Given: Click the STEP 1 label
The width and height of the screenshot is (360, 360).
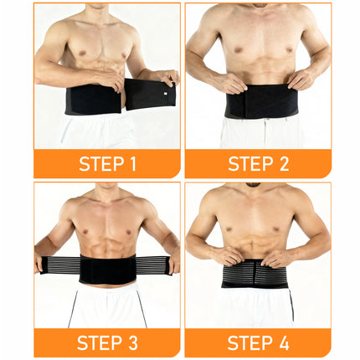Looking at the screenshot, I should coord(107,163).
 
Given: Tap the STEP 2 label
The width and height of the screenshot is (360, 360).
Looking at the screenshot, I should coord(258,163).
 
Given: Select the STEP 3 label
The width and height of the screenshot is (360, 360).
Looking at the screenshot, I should coord(107,342).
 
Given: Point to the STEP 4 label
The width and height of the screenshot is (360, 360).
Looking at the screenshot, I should coord(258,342).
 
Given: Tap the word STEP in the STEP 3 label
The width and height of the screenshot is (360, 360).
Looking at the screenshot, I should coord(96,342).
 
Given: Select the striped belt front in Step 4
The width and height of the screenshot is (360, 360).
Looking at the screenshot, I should coord(255,273).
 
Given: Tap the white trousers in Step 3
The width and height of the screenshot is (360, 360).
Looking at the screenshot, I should coord(106,306).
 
